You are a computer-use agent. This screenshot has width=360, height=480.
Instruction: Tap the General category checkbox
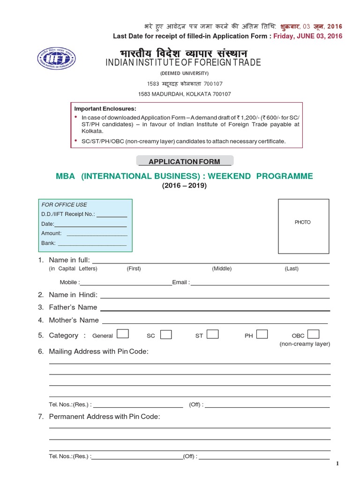(123, 334)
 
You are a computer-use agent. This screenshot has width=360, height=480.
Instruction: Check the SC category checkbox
(166, 335)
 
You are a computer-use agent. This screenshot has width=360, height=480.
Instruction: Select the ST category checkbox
(212, 334)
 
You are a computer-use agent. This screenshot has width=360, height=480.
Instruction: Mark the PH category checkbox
(262, 334)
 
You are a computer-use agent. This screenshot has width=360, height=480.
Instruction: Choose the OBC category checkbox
(314, 334)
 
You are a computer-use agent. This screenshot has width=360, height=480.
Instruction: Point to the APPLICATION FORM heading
(184, 162)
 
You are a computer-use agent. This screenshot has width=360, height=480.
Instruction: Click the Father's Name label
(73, 307)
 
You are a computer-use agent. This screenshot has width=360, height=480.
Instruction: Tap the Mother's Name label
(74, 320)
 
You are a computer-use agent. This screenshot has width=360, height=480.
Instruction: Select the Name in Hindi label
(73, 295)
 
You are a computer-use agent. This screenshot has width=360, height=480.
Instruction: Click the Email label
(180, 282)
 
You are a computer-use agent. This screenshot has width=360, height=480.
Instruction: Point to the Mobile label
(69, 282)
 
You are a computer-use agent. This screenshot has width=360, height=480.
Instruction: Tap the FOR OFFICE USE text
(64, 205)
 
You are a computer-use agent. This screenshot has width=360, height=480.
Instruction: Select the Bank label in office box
(48, 243)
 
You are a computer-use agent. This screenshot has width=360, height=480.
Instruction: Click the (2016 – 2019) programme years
(184, 186)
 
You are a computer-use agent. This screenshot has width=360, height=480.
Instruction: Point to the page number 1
(337, 464)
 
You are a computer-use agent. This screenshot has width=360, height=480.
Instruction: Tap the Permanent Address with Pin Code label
(105, 416)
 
